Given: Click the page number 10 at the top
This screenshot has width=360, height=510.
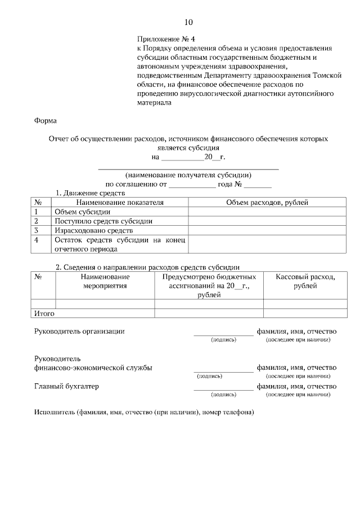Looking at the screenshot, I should pos(188,23).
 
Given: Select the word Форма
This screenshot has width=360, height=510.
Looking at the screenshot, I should pos(46,120).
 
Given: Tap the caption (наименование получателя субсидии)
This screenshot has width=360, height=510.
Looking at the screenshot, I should pos(188,175).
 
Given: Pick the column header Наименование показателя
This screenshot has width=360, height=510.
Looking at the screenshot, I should pos(120,202).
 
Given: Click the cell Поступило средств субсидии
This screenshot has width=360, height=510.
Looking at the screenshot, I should pos(103,221).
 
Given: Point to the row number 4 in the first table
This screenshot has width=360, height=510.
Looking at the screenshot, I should pos(37,240).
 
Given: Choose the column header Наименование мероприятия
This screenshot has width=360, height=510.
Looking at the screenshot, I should pos(105,281).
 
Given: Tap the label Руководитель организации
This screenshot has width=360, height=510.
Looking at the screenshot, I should pos(79,332).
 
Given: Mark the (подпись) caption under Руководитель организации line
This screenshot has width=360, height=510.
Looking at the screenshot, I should pos(223,340).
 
